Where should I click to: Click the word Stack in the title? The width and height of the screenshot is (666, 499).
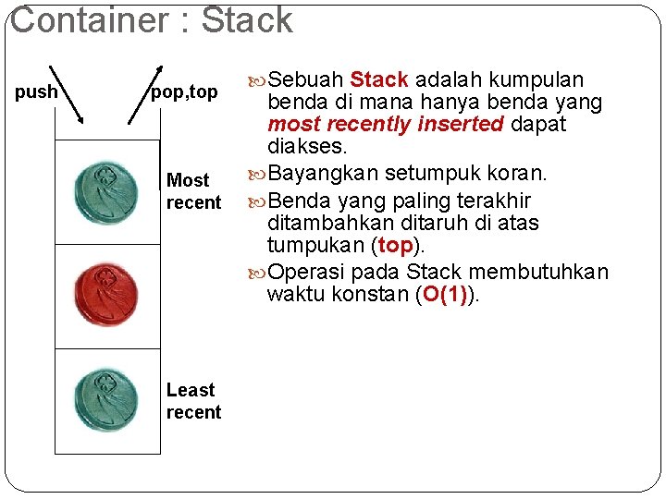pyautogui.click(x=247, y=20)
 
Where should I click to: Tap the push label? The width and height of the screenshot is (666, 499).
pyautogui.click(x=36, y=91)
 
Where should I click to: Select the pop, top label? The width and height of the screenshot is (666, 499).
pyautogui.click(x=184, y=91)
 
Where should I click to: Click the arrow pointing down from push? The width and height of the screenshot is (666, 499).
pyautogui.click(x=66, y=93)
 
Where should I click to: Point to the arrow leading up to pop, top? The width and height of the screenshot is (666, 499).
pyautogui.click(x=142, y=93)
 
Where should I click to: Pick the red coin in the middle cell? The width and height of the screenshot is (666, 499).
pyautogui.click(x=106, y=296)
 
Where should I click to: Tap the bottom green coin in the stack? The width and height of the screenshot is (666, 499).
pyautogui.click(x=106, y=400)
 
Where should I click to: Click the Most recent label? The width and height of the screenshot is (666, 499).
pyautogui.click(x=193, y=191)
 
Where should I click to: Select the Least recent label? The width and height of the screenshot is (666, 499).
pyautogui.click(x=193, y=401)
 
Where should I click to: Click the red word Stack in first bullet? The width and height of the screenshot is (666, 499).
pyautogui.click(x=379, y=79)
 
